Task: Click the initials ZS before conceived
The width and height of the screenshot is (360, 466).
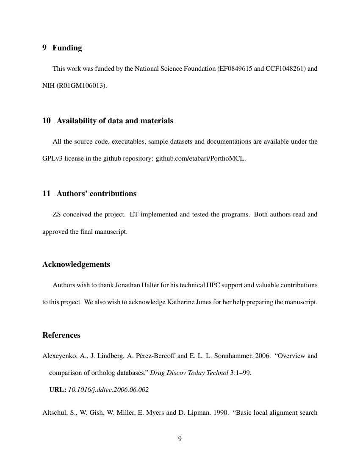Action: [57, 214]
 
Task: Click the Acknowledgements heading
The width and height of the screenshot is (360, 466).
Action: [76, 264]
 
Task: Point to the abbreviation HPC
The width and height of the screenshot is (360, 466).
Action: [213, 285]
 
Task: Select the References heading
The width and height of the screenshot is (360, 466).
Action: [61, 335]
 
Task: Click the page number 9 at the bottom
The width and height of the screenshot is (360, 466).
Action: [180, 439]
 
